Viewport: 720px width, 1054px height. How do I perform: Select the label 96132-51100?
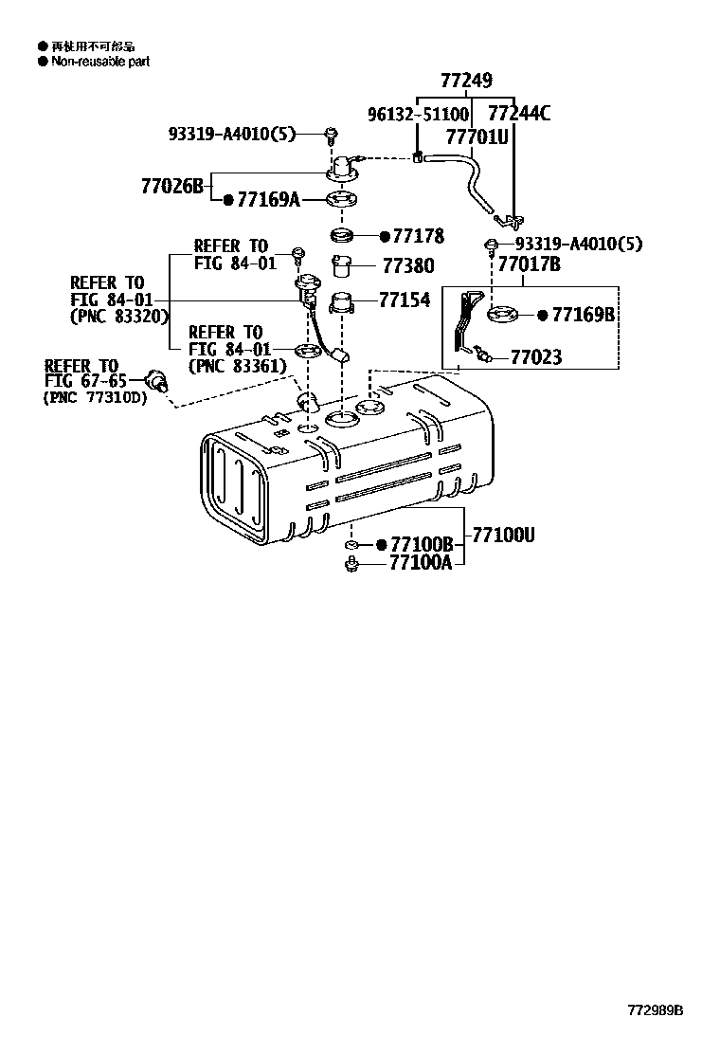point(418,115)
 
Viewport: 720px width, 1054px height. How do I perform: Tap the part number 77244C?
point(517,115)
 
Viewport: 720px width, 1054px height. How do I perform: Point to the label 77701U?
point(477,136)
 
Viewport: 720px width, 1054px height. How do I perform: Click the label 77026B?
point(172,186)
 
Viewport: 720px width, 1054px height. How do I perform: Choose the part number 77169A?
point(268,199)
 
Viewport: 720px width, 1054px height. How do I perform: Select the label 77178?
point(418,236)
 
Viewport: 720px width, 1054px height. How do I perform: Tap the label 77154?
point(405,300)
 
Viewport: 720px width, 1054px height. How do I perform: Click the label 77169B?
point(584,314)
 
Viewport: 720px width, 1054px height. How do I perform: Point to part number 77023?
point(536,357)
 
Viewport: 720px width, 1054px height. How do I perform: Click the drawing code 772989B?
point(654,1010)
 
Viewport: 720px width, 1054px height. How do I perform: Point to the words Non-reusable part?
point(99,62)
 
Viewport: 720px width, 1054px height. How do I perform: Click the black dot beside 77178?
point(385,236)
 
